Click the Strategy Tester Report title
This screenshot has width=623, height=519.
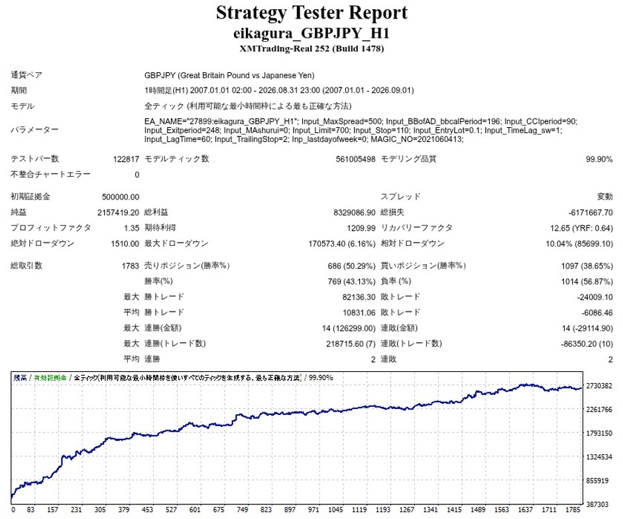(x=311, y=13)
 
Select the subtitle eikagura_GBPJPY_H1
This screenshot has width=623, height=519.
(x=311, y=33)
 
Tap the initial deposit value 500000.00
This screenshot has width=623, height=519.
(x=121, y=197)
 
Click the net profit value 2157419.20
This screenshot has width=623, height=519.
(x=118, y=213)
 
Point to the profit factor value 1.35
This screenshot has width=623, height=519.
(x=131, y=228)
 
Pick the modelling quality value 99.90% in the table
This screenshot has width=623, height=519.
(x=598, y=159)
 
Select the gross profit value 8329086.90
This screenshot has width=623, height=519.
(x=355, y=213)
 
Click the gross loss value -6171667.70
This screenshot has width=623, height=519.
(x=591, y=213)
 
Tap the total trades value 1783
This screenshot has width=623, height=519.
(x=131, y=266)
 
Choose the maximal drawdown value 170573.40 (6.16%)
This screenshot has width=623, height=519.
(x=342, y=244)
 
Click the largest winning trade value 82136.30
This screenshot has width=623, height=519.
(x=359, y=297)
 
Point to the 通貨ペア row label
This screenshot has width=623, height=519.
(x=27, y=75)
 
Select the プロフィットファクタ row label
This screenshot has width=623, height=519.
(x=50, y=228)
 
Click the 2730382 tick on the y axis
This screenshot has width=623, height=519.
(x=599, y=386)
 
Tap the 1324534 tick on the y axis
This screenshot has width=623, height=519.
(x=599, y=457)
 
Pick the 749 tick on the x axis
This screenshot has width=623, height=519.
(x=243, y=510)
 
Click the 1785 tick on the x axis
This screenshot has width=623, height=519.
(x=573, y=510)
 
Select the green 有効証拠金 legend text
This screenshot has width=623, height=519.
(x=50, y=378)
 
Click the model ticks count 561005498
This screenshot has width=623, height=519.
(x=355, y=159)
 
